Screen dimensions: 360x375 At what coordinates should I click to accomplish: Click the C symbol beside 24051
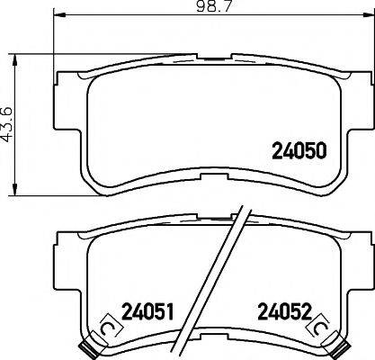[108, 330]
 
